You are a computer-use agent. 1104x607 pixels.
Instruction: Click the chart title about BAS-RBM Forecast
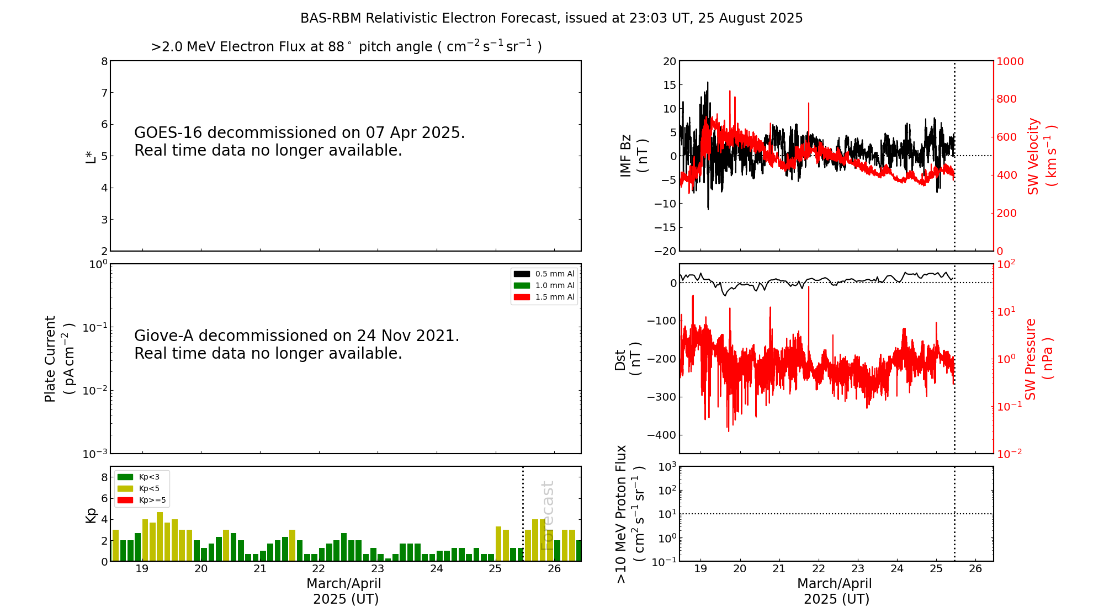(551, 18)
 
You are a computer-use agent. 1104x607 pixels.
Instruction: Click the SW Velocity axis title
(1041, 156)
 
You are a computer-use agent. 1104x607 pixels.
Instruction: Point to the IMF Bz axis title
(633, 156)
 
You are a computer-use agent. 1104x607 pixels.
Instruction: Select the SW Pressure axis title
(1038, 359)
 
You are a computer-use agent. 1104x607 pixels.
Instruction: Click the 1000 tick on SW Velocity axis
(1010, 61)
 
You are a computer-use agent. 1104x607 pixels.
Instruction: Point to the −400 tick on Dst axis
(662, 435)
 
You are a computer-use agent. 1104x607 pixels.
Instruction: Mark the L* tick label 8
(104, 61)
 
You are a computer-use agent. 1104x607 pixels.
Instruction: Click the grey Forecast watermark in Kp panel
(547, 515)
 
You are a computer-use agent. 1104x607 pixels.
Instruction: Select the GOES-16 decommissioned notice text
(299, 141)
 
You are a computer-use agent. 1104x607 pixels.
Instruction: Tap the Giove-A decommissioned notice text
(296, 344)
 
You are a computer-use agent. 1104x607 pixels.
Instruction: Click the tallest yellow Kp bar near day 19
(160, 536)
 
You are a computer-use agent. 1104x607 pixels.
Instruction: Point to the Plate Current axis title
(59, 359)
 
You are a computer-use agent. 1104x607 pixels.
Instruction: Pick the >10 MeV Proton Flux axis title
(630, 514)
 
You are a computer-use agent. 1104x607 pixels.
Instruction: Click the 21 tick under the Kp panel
(259, 569)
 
